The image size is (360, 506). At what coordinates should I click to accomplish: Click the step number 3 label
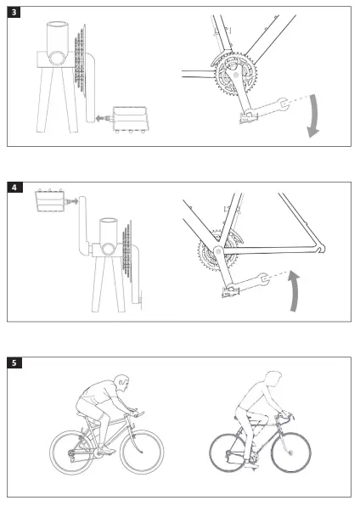click(x=14, y=12)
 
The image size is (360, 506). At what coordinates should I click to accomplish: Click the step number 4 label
click(x=14, y=188)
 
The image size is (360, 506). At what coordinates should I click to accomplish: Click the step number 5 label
click(x=14, y=363)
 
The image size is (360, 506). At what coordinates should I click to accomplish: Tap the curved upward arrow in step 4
click(x=294, y=290)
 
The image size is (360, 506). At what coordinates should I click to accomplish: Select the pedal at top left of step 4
click(x=51, y=200)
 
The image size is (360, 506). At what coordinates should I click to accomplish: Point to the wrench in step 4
click(x=248, y=282)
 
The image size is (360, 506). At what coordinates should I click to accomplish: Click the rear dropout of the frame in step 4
click(x=319, y=249)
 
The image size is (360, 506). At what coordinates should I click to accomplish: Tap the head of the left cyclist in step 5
click(x=122, y=383)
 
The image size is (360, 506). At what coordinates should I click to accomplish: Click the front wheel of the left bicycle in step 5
click(x=142, y=452)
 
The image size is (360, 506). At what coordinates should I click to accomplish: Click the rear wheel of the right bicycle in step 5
click(x=228, y=453)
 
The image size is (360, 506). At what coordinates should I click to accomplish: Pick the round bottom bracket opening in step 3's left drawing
click(x=58, y=58)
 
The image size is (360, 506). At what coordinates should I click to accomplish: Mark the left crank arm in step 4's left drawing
click(x=84, y=225)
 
